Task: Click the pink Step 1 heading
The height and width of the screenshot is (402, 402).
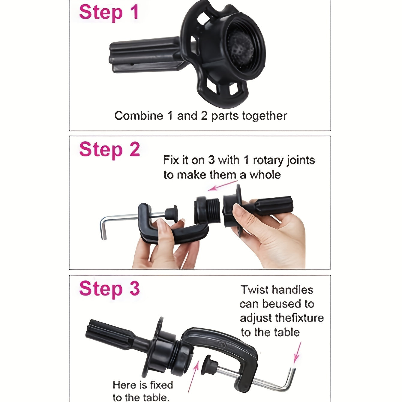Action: (x=109, y=12)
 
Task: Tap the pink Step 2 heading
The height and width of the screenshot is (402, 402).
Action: (x=109, y=149)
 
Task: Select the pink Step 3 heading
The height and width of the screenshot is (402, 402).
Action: (x=109, y=289)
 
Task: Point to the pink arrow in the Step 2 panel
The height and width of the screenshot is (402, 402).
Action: (x=223, y=185)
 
